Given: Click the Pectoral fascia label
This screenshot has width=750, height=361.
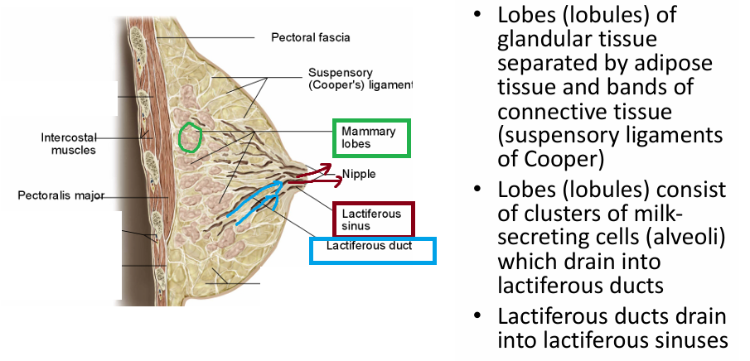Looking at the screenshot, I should coord(310,37).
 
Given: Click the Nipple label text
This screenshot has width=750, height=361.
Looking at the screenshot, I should coord(359,174).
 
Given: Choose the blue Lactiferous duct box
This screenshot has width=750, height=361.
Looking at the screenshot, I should coord(372,250).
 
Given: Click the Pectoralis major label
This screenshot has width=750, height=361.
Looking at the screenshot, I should coord(59,196).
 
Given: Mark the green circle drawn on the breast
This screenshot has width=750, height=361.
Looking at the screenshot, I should coord(191,137).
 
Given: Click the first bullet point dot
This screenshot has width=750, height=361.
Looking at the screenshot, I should coord(478,17).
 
